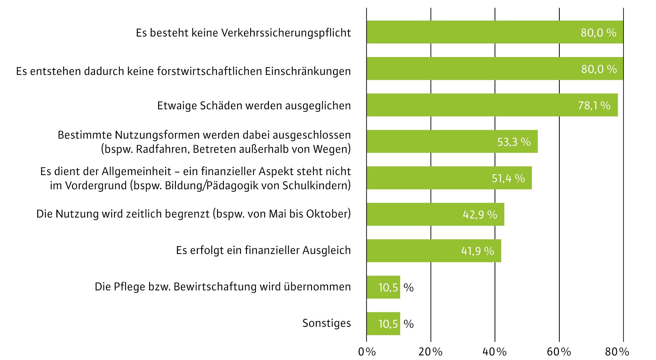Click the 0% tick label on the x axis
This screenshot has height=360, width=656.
point(367,352)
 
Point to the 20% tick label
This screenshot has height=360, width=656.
point(430,352)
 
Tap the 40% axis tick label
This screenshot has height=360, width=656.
point(494,352)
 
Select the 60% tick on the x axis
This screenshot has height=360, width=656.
point(559,352)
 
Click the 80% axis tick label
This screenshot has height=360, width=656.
point(617,352)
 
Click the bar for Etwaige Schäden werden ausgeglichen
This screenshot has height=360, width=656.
point(492,105)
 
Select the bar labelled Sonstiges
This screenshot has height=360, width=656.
point(383,324)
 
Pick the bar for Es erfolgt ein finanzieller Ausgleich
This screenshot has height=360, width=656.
point(434,251)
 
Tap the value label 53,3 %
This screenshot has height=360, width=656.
point(514,142)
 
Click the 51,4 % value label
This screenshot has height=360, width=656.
point(508,178)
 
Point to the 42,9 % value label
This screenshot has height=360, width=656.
point(480,215)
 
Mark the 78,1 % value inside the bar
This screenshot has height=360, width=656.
point(594,105)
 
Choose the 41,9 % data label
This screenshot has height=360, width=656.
point(478,251)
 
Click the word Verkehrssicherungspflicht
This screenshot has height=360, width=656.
point(286,33)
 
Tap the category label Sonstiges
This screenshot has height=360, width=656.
point(327,323)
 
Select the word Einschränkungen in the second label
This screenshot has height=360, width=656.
point(308,71)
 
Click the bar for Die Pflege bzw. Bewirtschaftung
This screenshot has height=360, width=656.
point(383,287)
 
